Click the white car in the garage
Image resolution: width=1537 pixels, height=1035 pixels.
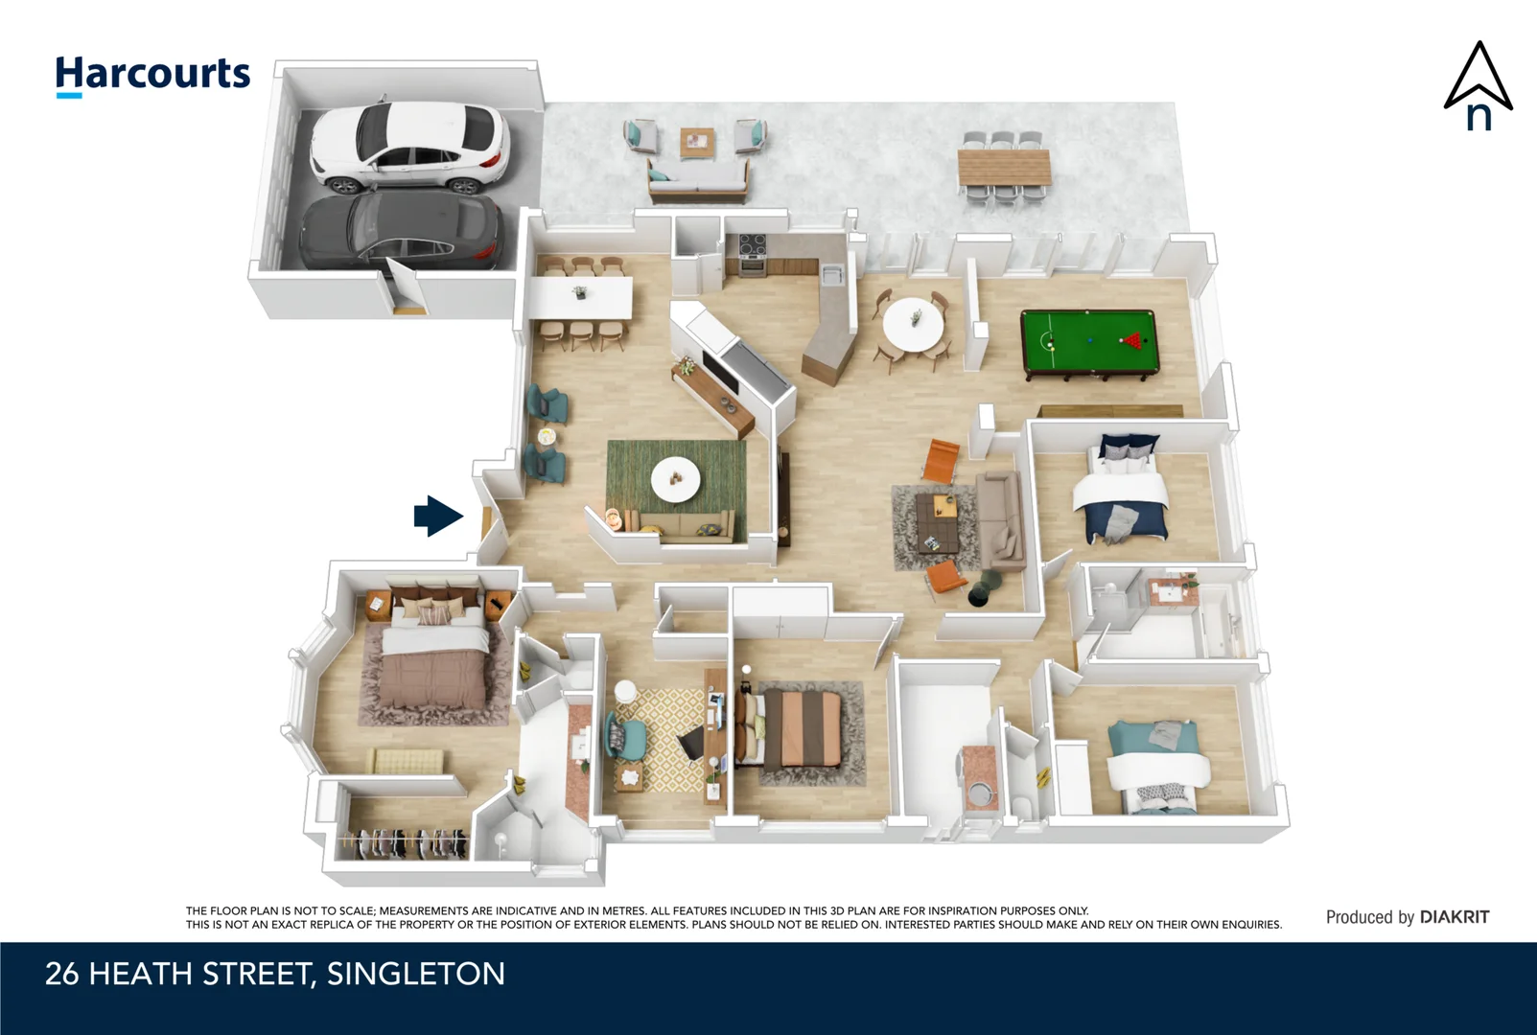tap(409, 147)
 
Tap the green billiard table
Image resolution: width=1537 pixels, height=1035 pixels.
tap(1089, 341)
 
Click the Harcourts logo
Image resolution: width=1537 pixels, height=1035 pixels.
tap(152, 75)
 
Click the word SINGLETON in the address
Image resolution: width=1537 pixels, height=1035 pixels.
tap(415, 974)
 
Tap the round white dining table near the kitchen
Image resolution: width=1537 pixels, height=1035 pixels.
tap(913, 324)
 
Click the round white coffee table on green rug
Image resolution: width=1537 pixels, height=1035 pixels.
tap(675, 478)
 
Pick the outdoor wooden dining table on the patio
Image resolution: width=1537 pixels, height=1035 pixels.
tap(1004, 169)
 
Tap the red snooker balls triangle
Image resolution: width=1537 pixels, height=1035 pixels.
tap(1134, 339)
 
